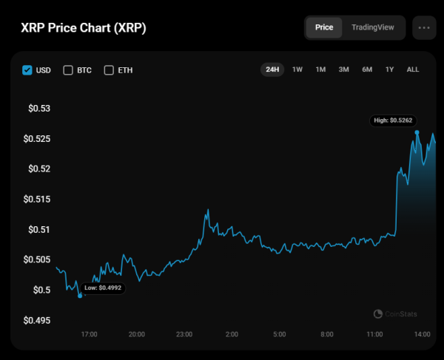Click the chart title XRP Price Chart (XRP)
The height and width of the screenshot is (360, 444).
click(x=83, y=27)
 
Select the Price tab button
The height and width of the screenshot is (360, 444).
click(x=324, y=27)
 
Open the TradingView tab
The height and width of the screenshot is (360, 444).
click(x=373, y=27)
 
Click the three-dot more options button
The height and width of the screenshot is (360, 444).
click(x=424, y=27)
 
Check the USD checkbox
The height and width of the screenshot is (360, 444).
click(x=27, y=70)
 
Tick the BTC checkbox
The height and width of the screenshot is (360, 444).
click(x=68, y=70)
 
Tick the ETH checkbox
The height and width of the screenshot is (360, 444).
click(x=109, y=70)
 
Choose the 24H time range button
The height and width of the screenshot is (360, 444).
click(x=272, y=69)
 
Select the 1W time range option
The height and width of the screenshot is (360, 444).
click(x=297, y=69)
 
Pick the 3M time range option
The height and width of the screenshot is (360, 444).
click(x=343, y=69)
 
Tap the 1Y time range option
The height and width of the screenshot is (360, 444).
click(x=389, y=69)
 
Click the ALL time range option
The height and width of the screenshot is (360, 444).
click(x=413, y=69)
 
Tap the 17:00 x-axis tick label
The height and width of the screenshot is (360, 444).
click(x=89, y=335)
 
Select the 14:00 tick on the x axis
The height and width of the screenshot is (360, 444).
click(x=422, y=335)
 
